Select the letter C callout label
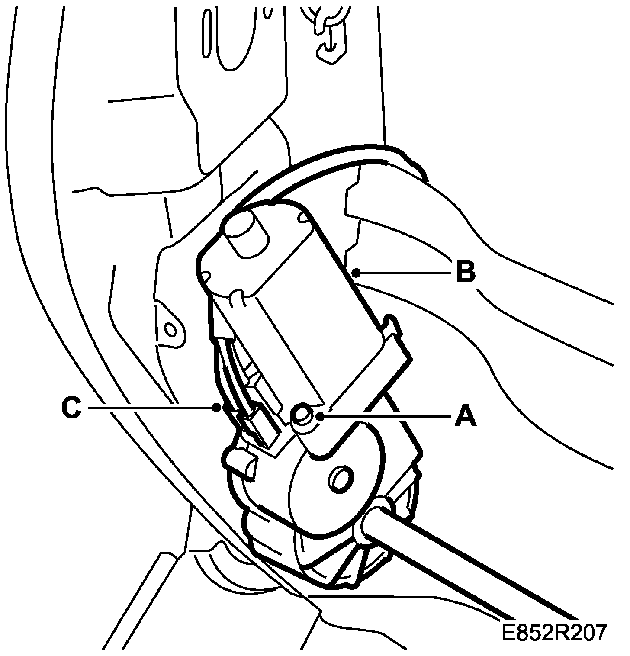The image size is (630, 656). (71, 408)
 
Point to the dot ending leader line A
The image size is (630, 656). (320, 416)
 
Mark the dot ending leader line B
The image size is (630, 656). (356, 272)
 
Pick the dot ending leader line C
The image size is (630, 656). (216, 407)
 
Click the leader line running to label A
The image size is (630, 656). (385, 416)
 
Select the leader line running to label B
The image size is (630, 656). (402, 272)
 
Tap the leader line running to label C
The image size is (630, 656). (151, 407)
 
